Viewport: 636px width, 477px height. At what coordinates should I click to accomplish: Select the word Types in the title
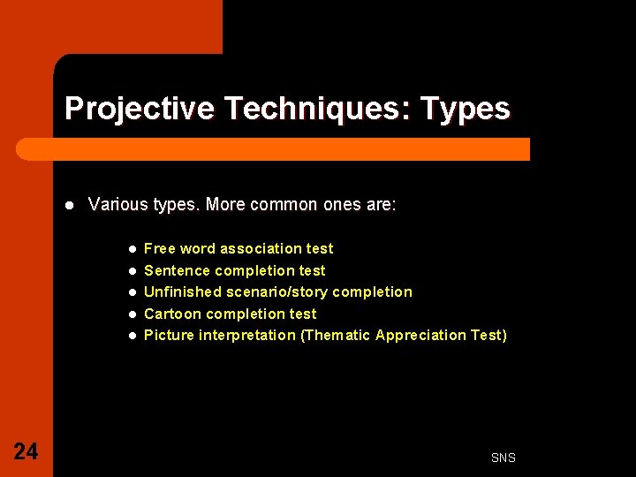click(x=466, y=109)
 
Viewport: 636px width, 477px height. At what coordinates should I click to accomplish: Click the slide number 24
click(x=26, y=452)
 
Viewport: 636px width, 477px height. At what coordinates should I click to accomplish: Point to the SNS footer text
click(x=503, y=458)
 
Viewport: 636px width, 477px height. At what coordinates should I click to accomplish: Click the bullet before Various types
click(x=69, y=205)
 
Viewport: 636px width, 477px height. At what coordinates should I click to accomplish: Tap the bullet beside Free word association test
click(x=132, y=249)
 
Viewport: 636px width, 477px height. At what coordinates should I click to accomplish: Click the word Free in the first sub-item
click(x=160, y=249)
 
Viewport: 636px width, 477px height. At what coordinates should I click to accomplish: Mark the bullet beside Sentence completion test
click(x=132, y=270)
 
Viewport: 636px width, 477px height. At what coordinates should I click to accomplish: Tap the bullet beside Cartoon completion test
click(x=132, y=314)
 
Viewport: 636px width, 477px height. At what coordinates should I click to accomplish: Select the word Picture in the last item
click(x=169, y=335)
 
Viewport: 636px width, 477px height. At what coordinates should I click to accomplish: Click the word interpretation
click(x=247, y=335)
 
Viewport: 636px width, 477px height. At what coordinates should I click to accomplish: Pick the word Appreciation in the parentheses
click(x=423, y=335)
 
